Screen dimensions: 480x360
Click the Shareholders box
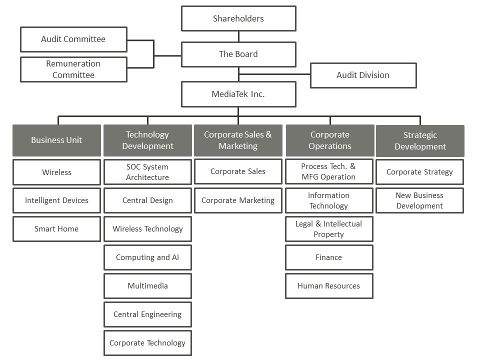238,18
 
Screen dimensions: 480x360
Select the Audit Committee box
73,39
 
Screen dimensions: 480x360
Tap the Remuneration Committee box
73,69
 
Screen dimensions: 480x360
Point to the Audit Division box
363,75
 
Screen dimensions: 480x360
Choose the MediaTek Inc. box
238,94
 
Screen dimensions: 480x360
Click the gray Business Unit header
56,140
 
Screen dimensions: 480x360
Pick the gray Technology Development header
147,140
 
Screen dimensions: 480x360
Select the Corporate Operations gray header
330,140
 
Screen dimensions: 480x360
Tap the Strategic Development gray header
420,140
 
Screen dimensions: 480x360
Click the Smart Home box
56,229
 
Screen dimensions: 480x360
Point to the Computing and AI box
147,257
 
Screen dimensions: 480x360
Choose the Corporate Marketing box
238,200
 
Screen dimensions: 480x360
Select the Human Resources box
329,286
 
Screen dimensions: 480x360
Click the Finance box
329,257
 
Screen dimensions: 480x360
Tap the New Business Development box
419,200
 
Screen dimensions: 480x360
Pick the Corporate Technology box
147,343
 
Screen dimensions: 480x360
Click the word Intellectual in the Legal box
342,224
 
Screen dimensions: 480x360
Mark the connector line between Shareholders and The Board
238,36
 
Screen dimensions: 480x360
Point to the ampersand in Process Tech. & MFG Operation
352,166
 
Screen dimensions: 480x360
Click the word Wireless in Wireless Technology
127,229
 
